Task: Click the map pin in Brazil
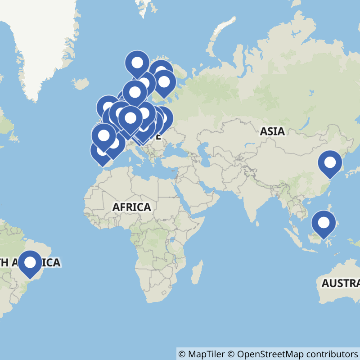pyautogui.click(x=30, y=263)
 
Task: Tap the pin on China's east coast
pyautogui.click(x=330, y=163)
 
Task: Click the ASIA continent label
pyautogui.click(x=272, y=131)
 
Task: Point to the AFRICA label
pyautogui.click(x=131, y=207)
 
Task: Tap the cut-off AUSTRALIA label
pyautogui.click(x=340, y=283)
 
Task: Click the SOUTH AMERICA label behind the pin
pyautogui.click(x=49, y=263)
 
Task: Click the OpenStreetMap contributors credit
pyautogui.click(x=297, y=354)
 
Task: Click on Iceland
pyautogui.click(x=81, y=83)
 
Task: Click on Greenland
pyautogui.click(x=40, y=40)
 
